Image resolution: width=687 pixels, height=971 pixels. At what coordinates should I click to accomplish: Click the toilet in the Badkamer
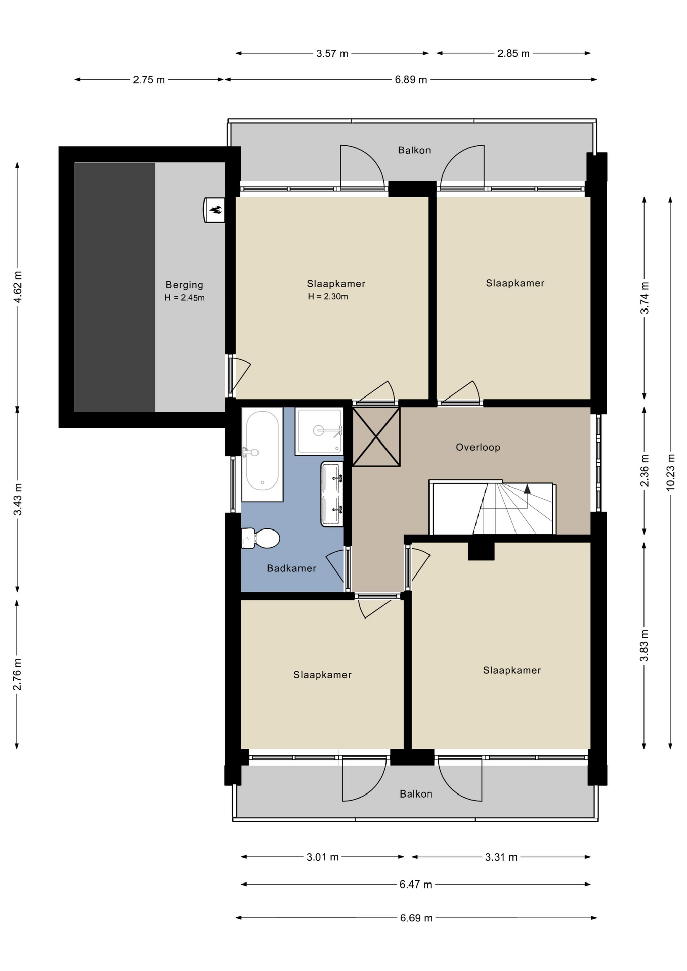(261, 538)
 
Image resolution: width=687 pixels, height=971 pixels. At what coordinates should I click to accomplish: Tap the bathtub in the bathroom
(262, 454)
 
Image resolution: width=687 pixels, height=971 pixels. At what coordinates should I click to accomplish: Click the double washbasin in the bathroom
(332, 494)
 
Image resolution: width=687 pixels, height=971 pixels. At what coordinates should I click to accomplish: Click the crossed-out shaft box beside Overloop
(376, 436)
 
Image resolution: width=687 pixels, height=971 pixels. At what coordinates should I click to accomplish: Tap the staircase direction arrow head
(527, 489)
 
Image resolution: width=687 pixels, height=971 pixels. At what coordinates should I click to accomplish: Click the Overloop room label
(478, 447)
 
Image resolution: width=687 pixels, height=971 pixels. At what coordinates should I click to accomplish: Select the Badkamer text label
(291, 568)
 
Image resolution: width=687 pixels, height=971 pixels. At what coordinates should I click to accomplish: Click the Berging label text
(185, 285)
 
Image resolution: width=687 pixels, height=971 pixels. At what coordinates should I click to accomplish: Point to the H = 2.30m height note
(328, 297)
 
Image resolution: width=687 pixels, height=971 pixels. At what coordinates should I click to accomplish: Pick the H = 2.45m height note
(185, 298)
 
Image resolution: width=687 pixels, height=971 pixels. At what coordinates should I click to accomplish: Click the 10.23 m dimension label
(671, 472)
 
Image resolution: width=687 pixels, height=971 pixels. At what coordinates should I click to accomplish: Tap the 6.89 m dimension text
(411, 80)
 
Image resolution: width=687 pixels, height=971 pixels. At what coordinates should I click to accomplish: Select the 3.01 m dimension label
(322, 857)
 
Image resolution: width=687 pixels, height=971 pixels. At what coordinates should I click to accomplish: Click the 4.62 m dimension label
(18, 287)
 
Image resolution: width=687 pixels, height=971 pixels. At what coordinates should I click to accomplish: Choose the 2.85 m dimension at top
(513, 54)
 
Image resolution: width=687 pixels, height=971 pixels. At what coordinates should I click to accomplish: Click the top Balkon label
(414, 150)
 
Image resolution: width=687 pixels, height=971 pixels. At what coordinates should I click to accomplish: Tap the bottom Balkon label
(416, 794)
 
